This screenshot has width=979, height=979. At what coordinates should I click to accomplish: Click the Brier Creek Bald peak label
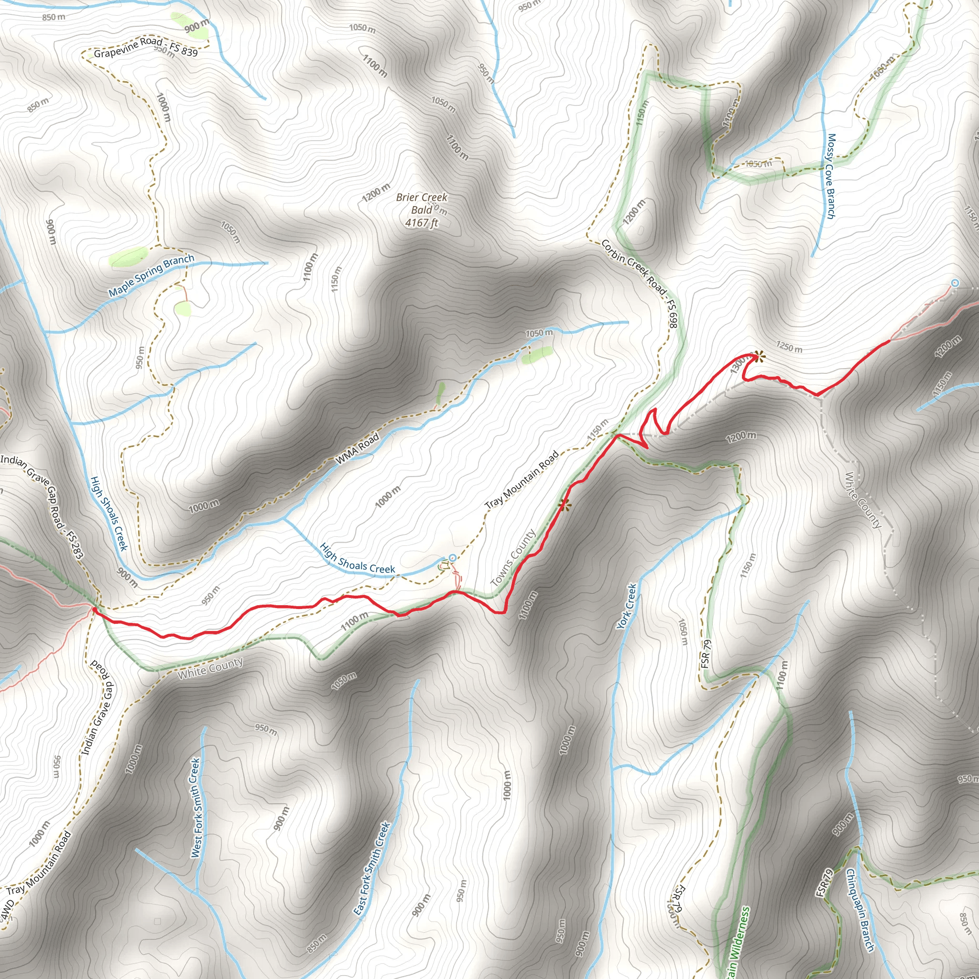point(422,203)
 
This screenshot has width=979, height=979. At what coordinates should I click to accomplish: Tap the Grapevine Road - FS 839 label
point(146,47)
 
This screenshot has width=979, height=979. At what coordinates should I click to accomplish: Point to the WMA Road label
point(357,448)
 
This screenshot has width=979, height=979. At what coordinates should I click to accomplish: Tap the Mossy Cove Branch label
point(830,176)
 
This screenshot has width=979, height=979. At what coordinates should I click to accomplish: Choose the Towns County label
point(513,558)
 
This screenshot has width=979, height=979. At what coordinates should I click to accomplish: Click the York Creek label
point(627,607)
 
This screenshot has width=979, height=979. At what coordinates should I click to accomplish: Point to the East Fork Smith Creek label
point(372,869)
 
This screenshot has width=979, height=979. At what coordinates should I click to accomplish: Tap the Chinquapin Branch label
point(860,910)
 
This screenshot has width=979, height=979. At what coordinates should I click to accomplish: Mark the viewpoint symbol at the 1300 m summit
point(758,357)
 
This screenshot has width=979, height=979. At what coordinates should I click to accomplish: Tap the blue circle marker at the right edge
point(955,283)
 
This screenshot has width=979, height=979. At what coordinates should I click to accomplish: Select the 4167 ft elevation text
point(422,222)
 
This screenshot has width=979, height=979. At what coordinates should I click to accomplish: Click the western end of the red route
point(94,609)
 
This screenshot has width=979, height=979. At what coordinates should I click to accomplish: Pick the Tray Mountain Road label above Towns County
point(522,479)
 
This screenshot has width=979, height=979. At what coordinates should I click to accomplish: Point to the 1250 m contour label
point(789,348)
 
